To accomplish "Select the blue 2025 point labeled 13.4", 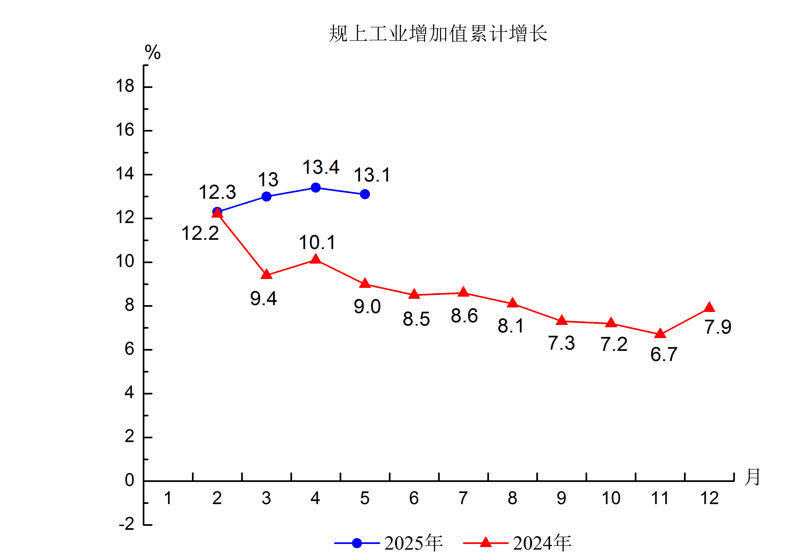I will point(315,188).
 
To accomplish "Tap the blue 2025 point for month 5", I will point(365,194).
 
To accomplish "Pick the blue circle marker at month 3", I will point(266,197).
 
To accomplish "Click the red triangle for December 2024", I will point(709,308).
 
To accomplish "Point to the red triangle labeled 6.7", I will point(660,334).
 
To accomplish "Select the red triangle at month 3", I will point(266,275).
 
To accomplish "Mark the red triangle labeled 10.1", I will point(315,259).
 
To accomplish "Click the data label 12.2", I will point(200,233).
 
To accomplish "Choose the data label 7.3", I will point(561,343).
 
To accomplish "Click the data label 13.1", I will point(372,175).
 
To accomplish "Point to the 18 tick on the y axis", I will point(125,86).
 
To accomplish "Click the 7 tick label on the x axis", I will point(463,498).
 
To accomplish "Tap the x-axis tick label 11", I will point(660,498).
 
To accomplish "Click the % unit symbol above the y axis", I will point(153,53).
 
